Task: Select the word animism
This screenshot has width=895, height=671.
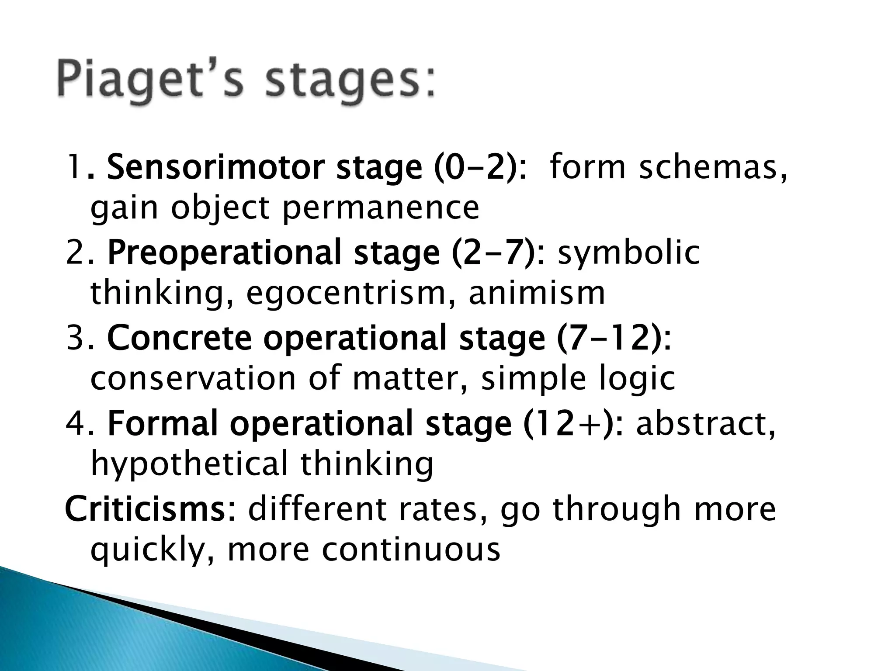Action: [537, 294]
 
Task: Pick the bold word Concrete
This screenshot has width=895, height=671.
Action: [179, 338]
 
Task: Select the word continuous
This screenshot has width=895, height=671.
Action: [411, 550]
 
